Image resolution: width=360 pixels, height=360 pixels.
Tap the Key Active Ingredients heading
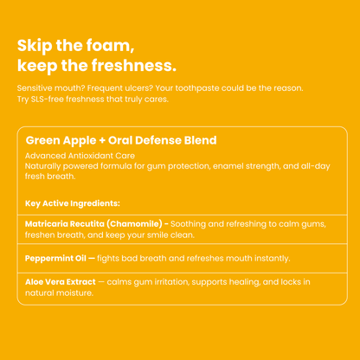pos(73,203)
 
